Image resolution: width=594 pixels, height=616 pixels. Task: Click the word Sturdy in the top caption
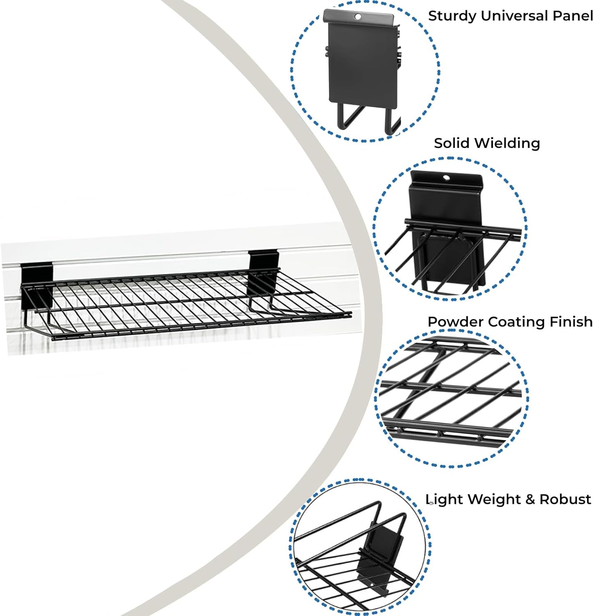[x=452, y=16]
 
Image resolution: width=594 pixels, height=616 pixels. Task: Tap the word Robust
[x=565, y=499]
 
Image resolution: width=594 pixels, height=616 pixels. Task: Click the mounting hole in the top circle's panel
[x=358, y=17]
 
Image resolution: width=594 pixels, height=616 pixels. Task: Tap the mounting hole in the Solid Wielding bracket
[x=446, y=178]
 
